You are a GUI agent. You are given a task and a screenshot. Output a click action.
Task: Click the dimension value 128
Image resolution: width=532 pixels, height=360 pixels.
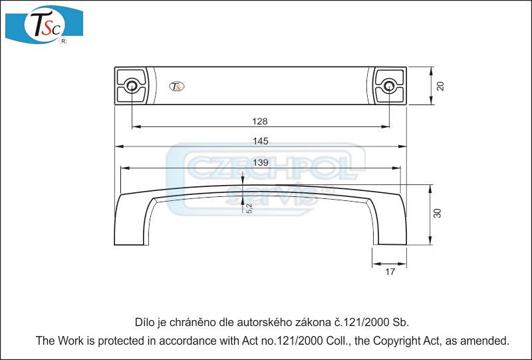(x=260, y=121)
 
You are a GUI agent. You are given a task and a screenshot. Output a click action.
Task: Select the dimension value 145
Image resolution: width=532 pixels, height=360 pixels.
(x=260, y=141)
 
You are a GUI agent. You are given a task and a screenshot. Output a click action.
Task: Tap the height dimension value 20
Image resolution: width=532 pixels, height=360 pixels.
(x=440, y=86)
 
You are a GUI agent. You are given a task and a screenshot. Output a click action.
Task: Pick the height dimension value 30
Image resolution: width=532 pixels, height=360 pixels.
(x=438, y=214)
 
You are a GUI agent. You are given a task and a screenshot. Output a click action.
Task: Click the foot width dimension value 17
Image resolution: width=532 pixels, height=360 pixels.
(x=390, y=271)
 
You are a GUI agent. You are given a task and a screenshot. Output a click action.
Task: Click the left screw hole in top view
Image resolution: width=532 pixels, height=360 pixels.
(x=132, y=86)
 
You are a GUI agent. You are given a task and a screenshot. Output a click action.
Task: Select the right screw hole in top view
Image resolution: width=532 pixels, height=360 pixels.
(x=389, y=86)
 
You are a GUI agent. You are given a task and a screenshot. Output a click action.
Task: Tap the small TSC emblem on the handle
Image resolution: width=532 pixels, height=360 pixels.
(x=178, y=86)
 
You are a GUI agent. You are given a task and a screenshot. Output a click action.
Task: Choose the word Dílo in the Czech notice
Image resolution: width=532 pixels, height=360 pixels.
(x=146, y=323)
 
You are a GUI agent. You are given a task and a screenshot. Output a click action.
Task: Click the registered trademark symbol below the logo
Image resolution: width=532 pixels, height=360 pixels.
(x=63, y=41)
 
